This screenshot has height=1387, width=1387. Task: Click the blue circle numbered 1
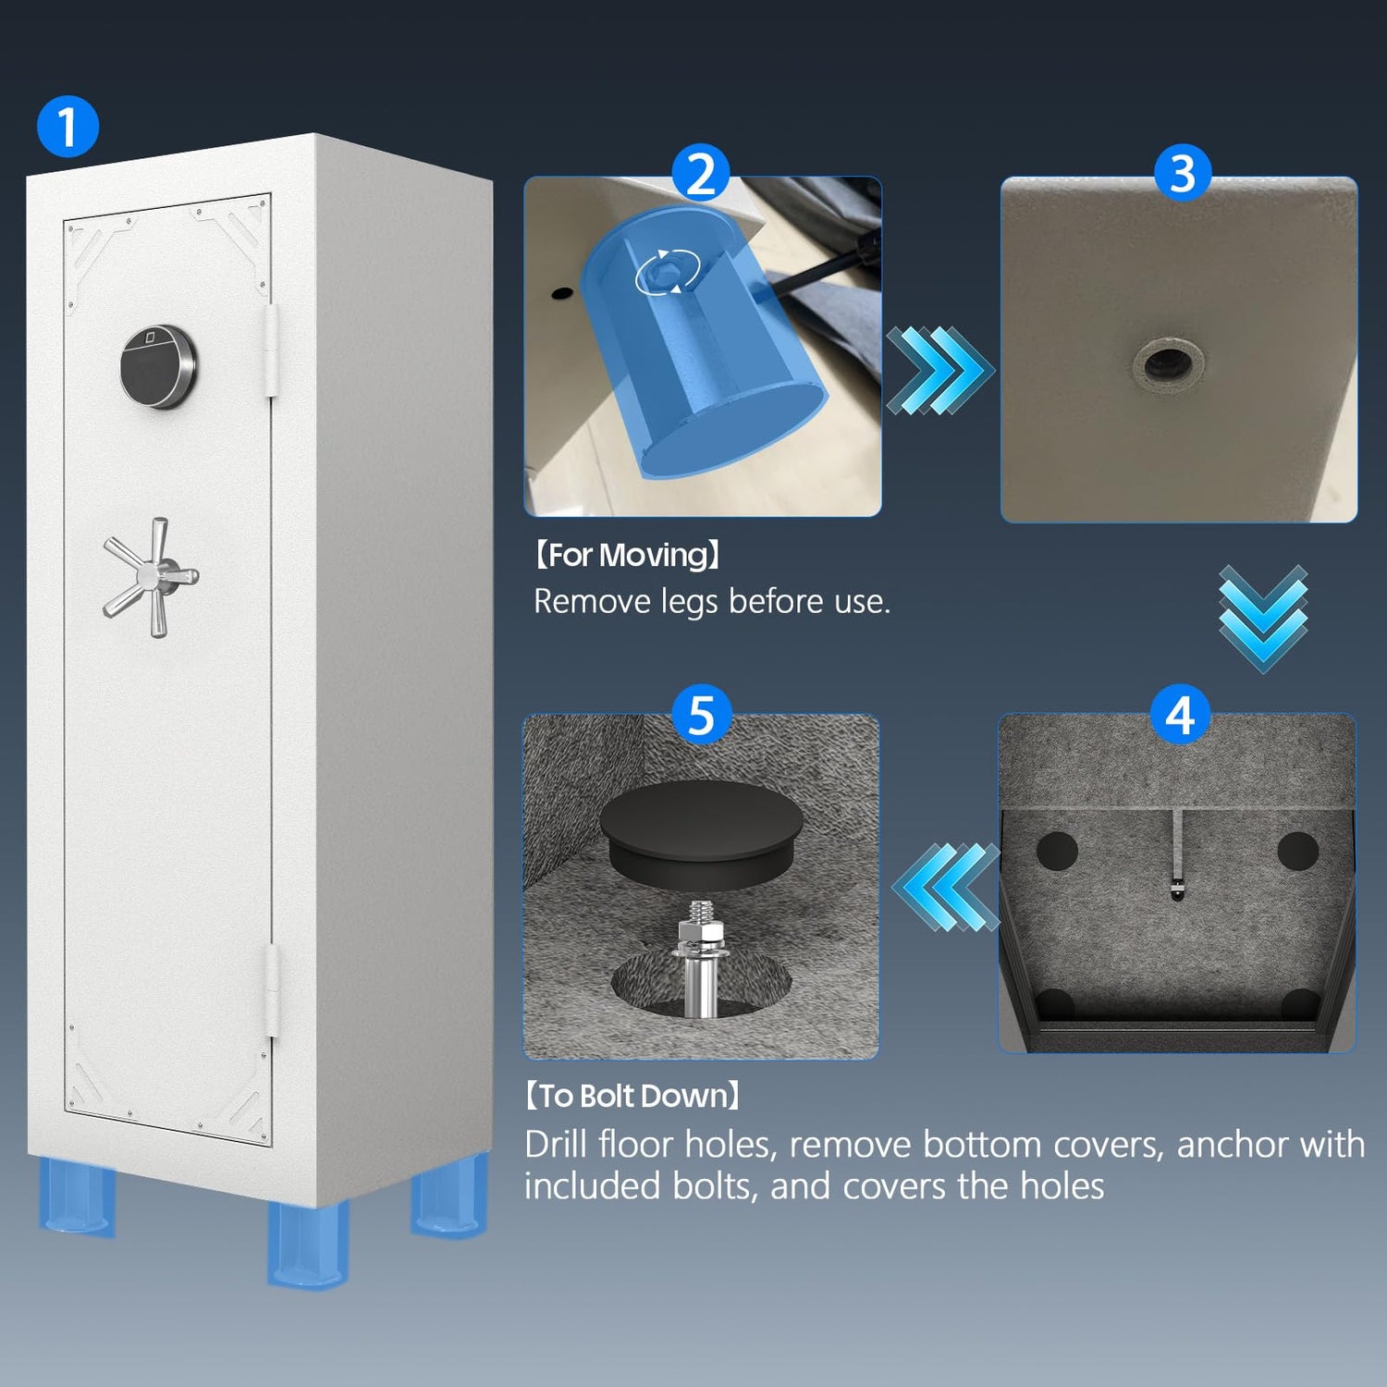tap(68, 126)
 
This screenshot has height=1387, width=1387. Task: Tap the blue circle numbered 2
tap(701, 173)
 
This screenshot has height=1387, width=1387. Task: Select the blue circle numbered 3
tap(1183, 173)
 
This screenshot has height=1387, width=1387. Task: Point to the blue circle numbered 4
tap(1180, 715)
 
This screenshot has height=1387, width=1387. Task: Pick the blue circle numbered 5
tap(702, 715)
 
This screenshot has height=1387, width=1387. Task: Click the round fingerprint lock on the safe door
tap(159, 367)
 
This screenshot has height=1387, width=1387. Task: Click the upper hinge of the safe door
tap(272, 350)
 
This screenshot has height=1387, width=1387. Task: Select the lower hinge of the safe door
tap(272, 990)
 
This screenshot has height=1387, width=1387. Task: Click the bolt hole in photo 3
tap(1167, 363)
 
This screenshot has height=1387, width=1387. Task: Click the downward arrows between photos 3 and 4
tap(1263, 618)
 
